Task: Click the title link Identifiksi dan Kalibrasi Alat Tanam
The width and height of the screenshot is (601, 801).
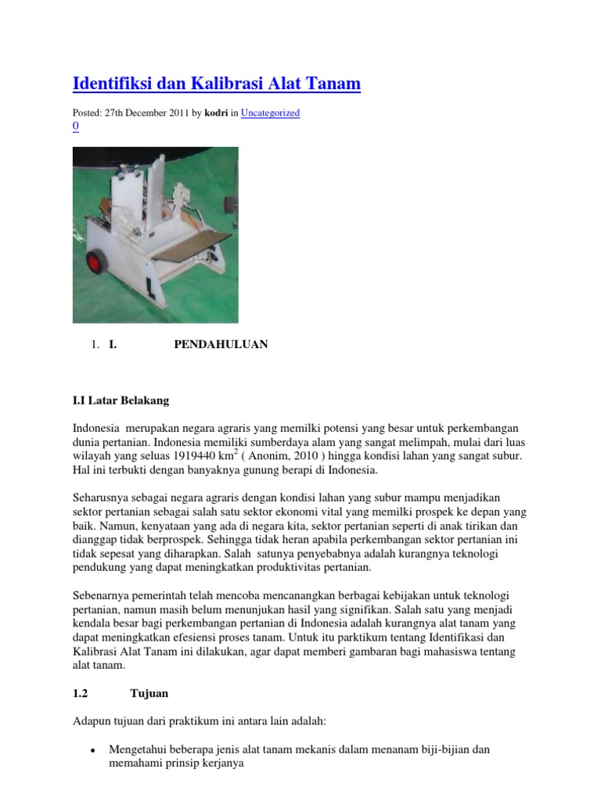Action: [216, 83]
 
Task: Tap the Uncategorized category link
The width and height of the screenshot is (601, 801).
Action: [270, 113]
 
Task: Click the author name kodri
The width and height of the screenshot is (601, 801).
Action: [217, 113]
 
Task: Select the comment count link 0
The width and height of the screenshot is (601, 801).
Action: [75, 126]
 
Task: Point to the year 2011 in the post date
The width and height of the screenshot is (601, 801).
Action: [174, 113]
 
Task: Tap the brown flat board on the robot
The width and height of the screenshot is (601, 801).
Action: [193, 246]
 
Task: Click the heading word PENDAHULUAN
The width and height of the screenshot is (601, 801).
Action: [221, 344]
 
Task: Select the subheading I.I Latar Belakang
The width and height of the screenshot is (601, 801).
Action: [121, 400]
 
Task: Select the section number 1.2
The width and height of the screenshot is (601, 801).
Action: [81, 693]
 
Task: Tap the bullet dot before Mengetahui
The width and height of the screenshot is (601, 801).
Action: [92, 749]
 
